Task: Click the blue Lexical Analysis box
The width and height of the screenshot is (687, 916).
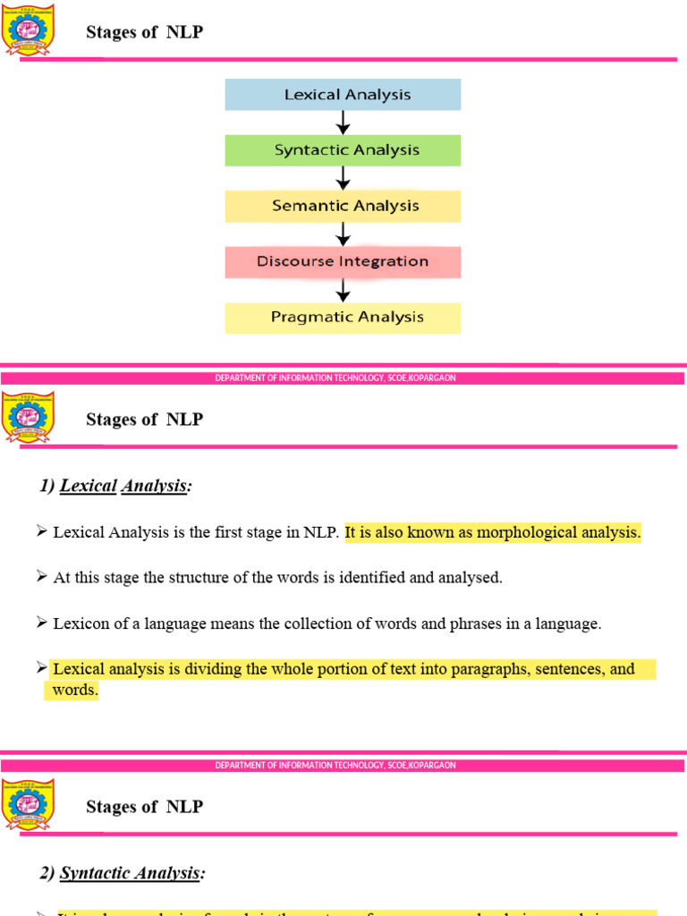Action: coord(343,95)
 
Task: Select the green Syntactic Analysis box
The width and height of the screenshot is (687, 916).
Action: coord(343,150)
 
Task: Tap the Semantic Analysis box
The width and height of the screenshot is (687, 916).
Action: coord(343,206)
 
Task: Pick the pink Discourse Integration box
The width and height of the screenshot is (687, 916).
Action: coord(343,262)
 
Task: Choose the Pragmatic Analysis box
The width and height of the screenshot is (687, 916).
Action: coord(343,318)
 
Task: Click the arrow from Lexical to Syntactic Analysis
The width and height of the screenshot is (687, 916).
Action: coord(343,123)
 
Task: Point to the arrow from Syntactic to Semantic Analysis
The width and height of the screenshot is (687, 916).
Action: coord(343,178)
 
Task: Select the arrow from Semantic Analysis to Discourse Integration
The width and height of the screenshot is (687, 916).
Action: coord(343,234)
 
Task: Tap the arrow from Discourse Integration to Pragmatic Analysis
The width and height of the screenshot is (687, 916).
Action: coord(343,290)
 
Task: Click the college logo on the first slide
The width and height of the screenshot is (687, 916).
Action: coord(29,30)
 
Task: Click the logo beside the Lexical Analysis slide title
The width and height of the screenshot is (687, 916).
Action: coord(29,418)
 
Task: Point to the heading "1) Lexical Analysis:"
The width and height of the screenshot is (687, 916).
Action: coord(115,487)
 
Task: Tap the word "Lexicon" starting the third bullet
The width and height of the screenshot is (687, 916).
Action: coord(80,624)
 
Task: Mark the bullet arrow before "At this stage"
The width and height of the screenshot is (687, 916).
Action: coord(41,577)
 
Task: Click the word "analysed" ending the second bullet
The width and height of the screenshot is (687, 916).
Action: coord(471,578)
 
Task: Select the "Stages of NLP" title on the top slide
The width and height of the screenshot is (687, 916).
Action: coord(144,33)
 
